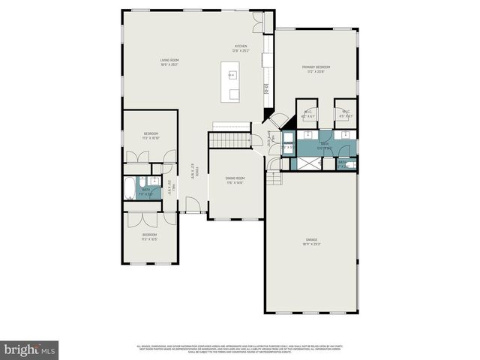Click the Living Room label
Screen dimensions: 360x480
pyautogui.click(x=168, y=62)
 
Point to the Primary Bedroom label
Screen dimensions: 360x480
pyautogui.click(x=316, y=69)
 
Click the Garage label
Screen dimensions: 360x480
pyautogui.click(x=311, y=241)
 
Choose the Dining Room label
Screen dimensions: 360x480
pyautogui.click(x=235, y=180)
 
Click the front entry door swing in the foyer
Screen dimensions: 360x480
pyautogui.click(x=193, y=204)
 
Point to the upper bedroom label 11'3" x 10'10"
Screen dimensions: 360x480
pyautogui.click(x=150, y=136)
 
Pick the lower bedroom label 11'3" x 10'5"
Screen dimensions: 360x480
pyautogui.click(x=150, y=237)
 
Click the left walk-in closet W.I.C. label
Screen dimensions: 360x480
pyautogui.click(x=307, y=114)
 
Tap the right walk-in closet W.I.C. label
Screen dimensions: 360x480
pyautogui.click(x=345, y=114)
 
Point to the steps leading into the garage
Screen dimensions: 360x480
pyautogui.click(x=275, y=178)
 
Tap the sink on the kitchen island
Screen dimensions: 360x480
pyautogui.click(x=232, y=75)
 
